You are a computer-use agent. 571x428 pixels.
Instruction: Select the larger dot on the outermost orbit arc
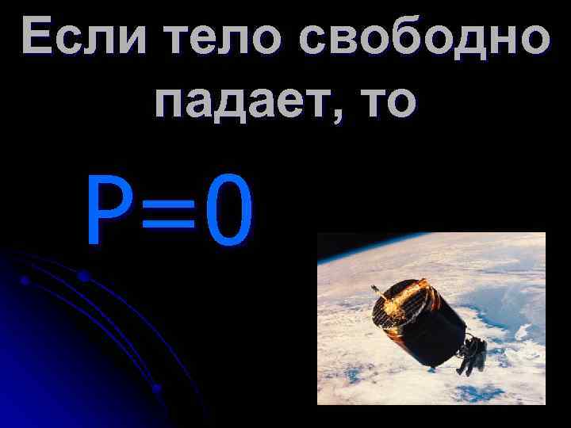click(x=83, y=276)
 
